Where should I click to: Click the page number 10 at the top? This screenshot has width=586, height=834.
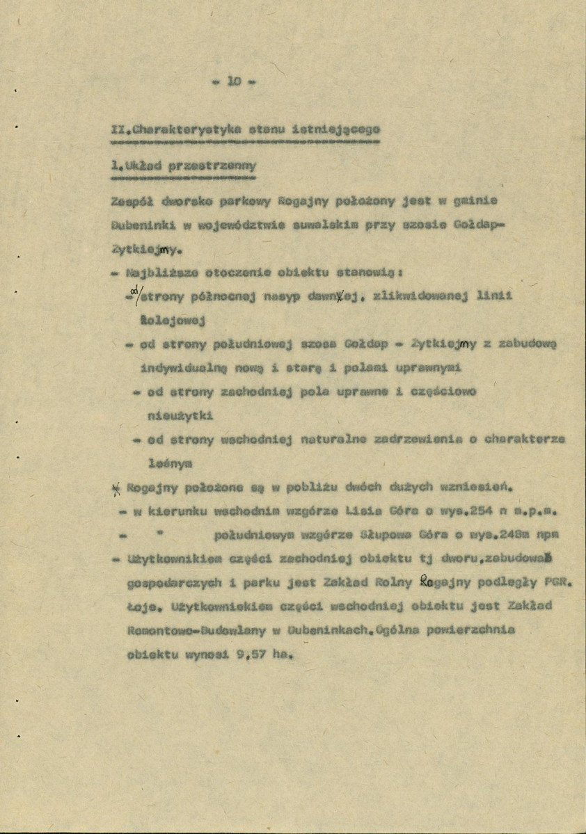pos(235,81)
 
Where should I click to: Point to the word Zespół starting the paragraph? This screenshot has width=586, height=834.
pos(131,202)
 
